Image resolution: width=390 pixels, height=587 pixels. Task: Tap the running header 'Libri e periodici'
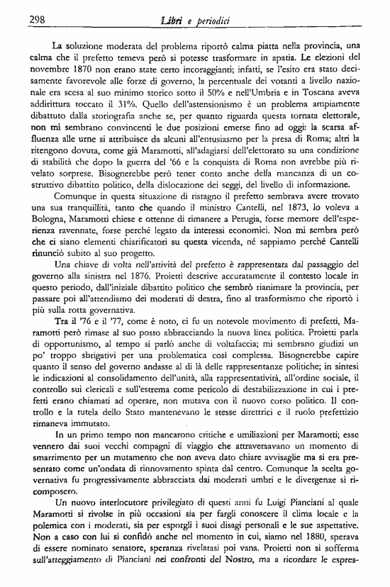[194, 21]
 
